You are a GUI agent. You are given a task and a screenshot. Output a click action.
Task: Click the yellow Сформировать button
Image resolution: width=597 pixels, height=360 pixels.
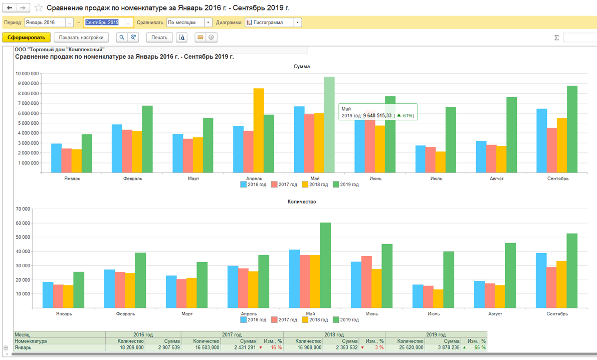click(x=27, y=37)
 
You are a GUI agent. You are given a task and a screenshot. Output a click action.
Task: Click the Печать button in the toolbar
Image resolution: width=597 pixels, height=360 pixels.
click(x=159, y=37)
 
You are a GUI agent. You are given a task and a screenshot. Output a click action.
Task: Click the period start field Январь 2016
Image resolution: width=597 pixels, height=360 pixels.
click(x=45, y=23)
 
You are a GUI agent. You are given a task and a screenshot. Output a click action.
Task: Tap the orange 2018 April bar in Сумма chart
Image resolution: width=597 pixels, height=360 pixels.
click(x=259, y=130)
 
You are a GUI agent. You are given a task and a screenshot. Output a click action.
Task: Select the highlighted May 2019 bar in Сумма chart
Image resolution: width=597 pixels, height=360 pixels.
click(x=329, y=125)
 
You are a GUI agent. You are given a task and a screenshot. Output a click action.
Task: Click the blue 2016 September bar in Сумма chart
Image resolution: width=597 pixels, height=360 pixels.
click(x=541, y=141)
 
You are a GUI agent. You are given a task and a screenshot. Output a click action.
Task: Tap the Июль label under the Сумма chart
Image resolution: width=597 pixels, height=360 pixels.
click(x=436, y=178)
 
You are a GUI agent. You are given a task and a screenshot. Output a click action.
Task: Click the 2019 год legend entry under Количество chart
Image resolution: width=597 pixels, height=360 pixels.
click(x=346, y=320)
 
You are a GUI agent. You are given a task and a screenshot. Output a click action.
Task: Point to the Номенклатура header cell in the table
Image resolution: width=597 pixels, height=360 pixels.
click(x=31, y=341)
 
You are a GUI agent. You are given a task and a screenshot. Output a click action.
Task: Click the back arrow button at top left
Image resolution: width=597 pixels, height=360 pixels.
click(x=10, y=8)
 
